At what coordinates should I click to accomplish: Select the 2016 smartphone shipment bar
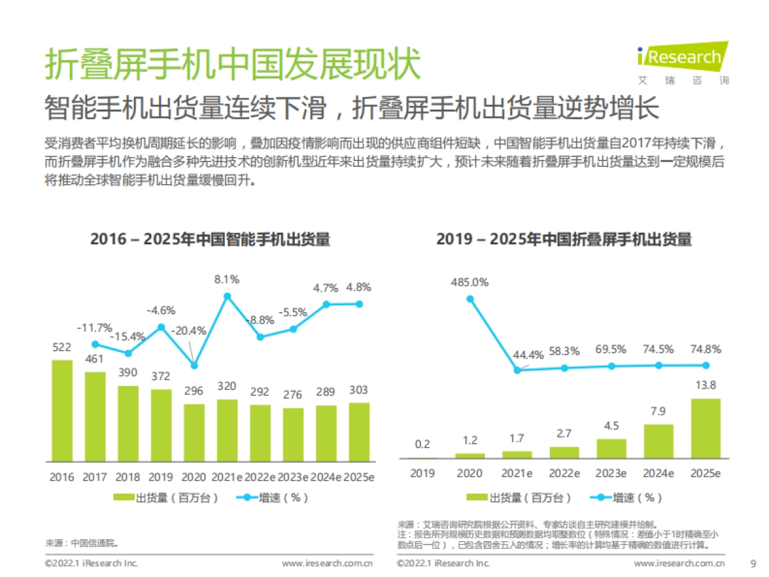62,410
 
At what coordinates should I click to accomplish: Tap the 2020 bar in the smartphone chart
194,432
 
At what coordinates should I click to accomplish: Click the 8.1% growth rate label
227,279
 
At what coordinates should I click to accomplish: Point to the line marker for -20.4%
194,365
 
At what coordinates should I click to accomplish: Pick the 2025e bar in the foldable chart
706,428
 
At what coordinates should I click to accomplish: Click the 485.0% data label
470,281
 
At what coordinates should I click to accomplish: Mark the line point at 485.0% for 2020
470,298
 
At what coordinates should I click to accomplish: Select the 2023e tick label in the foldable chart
611,473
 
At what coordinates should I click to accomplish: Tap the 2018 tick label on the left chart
128,478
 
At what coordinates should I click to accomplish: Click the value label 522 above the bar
62,347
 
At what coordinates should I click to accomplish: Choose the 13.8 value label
706,386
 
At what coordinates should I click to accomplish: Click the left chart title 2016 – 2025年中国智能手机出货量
210,240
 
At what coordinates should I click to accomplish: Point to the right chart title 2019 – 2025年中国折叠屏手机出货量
564,240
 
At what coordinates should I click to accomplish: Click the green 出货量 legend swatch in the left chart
124,498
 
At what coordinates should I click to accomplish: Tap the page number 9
752,564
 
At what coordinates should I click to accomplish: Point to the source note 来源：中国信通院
81,542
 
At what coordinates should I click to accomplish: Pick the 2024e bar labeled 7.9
658,441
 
